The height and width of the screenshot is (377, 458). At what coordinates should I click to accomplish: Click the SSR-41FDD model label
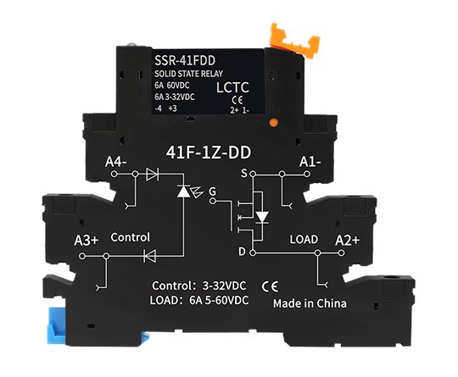(185, 60)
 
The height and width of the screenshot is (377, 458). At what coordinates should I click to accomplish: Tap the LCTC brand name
(232, 87)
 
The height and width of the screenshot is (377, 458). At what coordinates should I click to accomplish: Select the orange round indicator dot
(273, 123)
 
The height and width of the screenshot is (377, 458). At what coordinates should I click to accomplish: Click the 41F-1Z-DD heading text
(209, 152)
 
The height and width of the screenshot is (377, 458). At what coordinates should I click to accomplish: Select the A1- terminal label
(310, 162)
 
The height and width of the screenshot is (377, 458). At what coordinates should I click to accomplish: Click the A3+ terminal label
(87, 241)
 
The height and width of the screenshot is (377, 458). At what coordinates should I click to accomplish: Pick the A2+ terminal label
(347, 240)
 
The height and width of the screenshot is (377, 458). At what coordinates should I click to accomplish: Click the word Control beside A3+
(131, 237)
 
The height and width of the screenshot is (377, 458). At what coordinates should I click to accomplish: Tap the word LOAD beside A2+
(304, 239)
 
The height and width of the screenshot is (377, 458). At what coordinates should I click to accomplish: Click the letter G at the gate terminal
(213, 191)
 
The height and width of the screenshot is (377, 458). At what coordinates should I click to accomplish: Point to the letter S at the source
(244, 174)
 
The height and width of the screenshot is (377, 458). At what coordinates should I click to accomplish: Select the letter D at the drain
(242, 252)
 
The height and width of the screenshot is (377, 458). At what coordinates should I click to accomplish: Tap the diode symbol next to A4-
(152, 175)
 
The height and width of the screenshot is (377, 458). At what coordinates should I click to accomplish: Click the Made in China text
(310, 303)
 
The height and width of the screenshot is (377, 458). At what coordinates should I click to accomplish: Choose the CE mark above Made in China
(270, 287)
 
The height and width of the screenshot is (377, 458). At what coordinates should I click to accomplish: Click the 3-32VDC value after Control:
(224, 286)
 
